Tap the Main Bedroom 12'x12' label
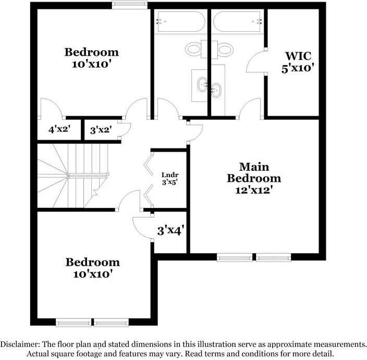click(254, 178)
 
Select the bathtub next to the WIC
click(238, 22)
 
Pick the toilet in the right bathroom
click(225, 49)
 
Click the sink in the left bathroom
click(201, 83)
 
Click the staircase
click(73, 175)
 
